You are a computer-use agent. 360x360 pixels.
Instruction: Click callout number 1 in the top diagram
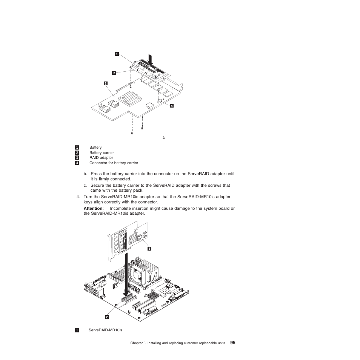(x=117, y=54)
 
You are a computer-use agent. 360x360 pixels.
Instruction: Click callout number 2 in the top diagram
(x=114, y=72)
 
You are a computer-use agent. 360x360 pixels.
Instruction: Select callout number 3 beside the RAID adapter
(x=106, y=83)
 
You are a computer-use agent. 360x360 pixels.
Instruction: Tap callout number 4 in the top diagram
(x=171, y=106)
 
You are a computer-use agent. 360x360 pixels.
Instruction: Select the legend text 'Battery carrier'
(x=102, y=153)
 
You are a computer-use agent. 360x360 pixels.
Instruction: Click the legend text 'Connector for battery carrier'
(x=114, y=163)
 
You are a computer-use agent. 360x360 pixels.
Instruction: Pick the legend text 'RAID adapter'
(x=101, y=158)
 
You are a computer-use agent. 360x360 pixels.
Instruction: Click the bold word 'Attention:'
(x=94, y=208)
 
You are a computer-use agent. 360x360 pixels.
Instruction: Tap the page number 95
(x=232, y=343)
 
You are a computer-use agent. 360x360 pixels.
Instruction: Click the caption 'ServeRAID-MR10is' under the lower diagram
(x=105, y=330)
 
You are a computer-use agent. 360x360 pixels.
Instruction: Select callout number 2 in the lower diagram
(x=107, y=317)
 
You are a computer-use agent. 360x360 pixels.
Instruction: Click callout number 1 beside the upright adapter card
(x=149, y=248)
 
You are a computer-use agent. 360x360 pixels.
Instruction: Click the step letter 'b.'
(x=85, y=174)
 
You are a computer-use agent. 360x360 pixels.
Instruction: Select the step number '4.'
(x=78, y=197)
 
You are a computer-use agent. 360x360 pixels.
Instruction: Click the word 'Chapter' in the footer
(x=137, y=343)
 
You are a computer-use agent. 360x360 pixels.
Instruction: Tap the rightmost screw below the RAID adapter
(x=163, y=137)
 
